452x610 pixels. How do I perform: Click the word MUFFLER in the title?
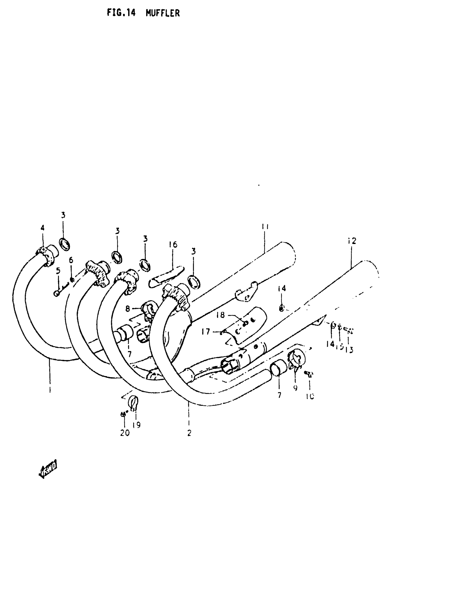[162, 13]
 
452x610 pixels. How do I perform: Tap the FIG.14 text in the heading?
[121, 12]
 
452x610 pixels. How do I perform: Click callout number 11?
[265, 226]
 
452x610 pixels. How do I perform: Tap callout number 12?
[352, 241]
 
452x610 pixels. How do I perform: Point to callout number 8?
[128, 309]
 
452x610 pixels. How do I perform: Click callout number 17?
[206, 331]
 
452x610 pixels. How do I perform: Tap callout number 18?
[220, 315]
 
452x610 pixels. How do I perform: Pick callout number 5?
[58, 271]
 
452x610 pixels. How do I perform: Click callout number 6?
[71, 260]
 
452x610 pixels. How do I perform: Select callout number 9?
[295, 388]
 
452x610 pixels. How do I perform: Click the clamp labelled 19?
[133, 401]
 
